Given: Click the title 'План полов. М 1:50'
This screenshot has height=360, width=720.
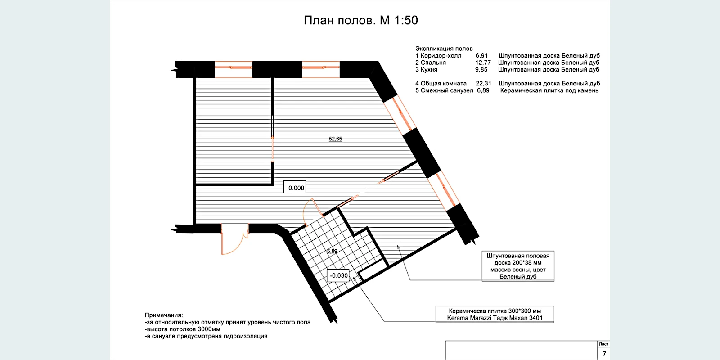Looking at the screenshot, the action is (360, 20).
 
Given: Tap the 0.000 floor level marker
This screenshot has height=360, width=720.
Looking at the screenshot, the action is (295, 187).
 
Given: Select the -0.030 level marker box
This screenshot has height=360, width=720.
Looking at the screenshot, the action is (338, 275).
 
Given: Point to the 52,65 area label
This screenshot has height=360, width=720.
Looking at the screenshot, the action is (335, 139).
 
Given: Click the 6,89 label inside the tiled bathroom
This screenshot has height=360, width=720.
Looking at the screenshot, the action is (332, 251).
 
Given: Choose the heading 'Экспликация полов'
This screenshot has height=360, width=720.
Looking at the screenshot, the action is (444, 49).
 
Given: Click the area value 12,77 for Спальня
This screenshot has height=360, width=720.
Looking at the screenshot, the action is (483, 63).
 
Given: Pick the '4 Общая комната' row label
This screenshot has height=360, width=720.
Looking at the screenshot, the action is (441, 84).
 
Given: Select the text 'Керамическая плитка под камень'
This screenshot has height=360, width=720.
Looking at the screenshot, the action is (549, 90).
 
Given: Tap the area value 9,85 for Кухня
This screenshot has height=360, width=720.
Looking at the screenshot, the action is (481, 69).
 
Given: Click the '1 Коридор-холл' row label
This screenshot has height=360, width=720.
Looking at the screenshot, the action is (438, 56).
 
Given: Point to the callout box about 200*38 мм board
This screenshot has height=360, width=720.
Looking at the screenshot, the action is (518, 266).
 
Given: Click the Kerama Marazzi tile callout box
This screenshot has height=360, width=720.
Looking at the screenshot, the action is (495, 315).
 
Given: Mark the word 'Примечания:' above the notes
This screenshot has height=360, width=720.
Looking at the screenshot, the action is (164, 315).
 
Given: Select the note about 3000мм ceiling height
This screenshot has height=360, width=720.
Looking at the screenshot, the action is (183, 329).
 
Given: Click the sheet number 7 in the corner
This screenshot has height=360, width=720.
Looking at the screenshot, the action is (604, 354).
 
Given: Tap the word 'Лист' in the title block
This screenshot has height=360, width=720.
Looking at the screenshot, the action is (603, 344).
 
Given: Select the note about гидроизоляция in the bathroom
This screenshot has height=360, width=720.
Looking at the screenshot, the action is (206, 336).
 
